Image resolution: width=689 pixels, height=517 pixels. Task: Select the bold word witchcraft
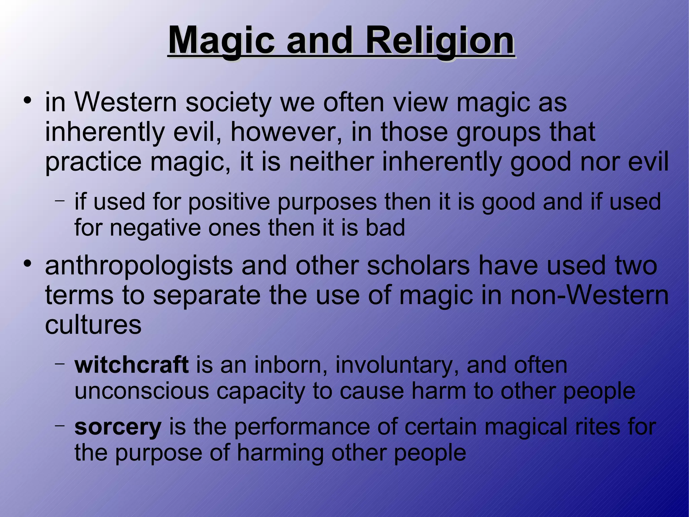132,365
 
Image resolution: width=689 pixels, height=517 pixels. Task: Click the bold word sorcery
118,427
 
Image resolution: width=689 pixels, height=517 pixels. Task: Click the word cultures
93,325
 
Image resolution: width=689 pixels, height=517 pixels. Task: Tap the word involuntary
397,365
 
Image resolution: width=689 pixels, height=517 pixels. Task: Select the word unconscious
142,391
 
